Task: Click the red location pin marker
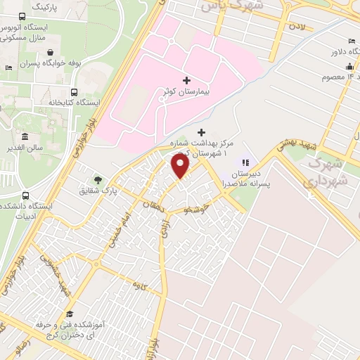pyautogui.click(x=181, y=166)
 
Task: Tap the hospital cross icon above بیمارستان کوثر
pyautogui.click(x=186, y=80)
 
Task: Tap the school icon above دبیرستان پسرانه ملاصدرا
pyautogui.click(x=246, y=162)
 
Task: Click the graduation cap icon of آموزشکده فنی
pyautogui.click(x=70, y=315)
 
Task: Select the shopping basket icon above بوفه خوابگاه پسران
pyautogui.click(x=51, y=52)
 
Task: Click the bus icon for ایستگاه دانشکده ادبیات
pyautogui.click(x=26, y=196)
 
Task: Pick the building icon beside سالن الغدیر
pyautogui.click(x=25, y=136)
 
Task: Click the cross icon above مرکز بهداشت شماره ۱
pyautogui.click(x=202, y=131)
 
